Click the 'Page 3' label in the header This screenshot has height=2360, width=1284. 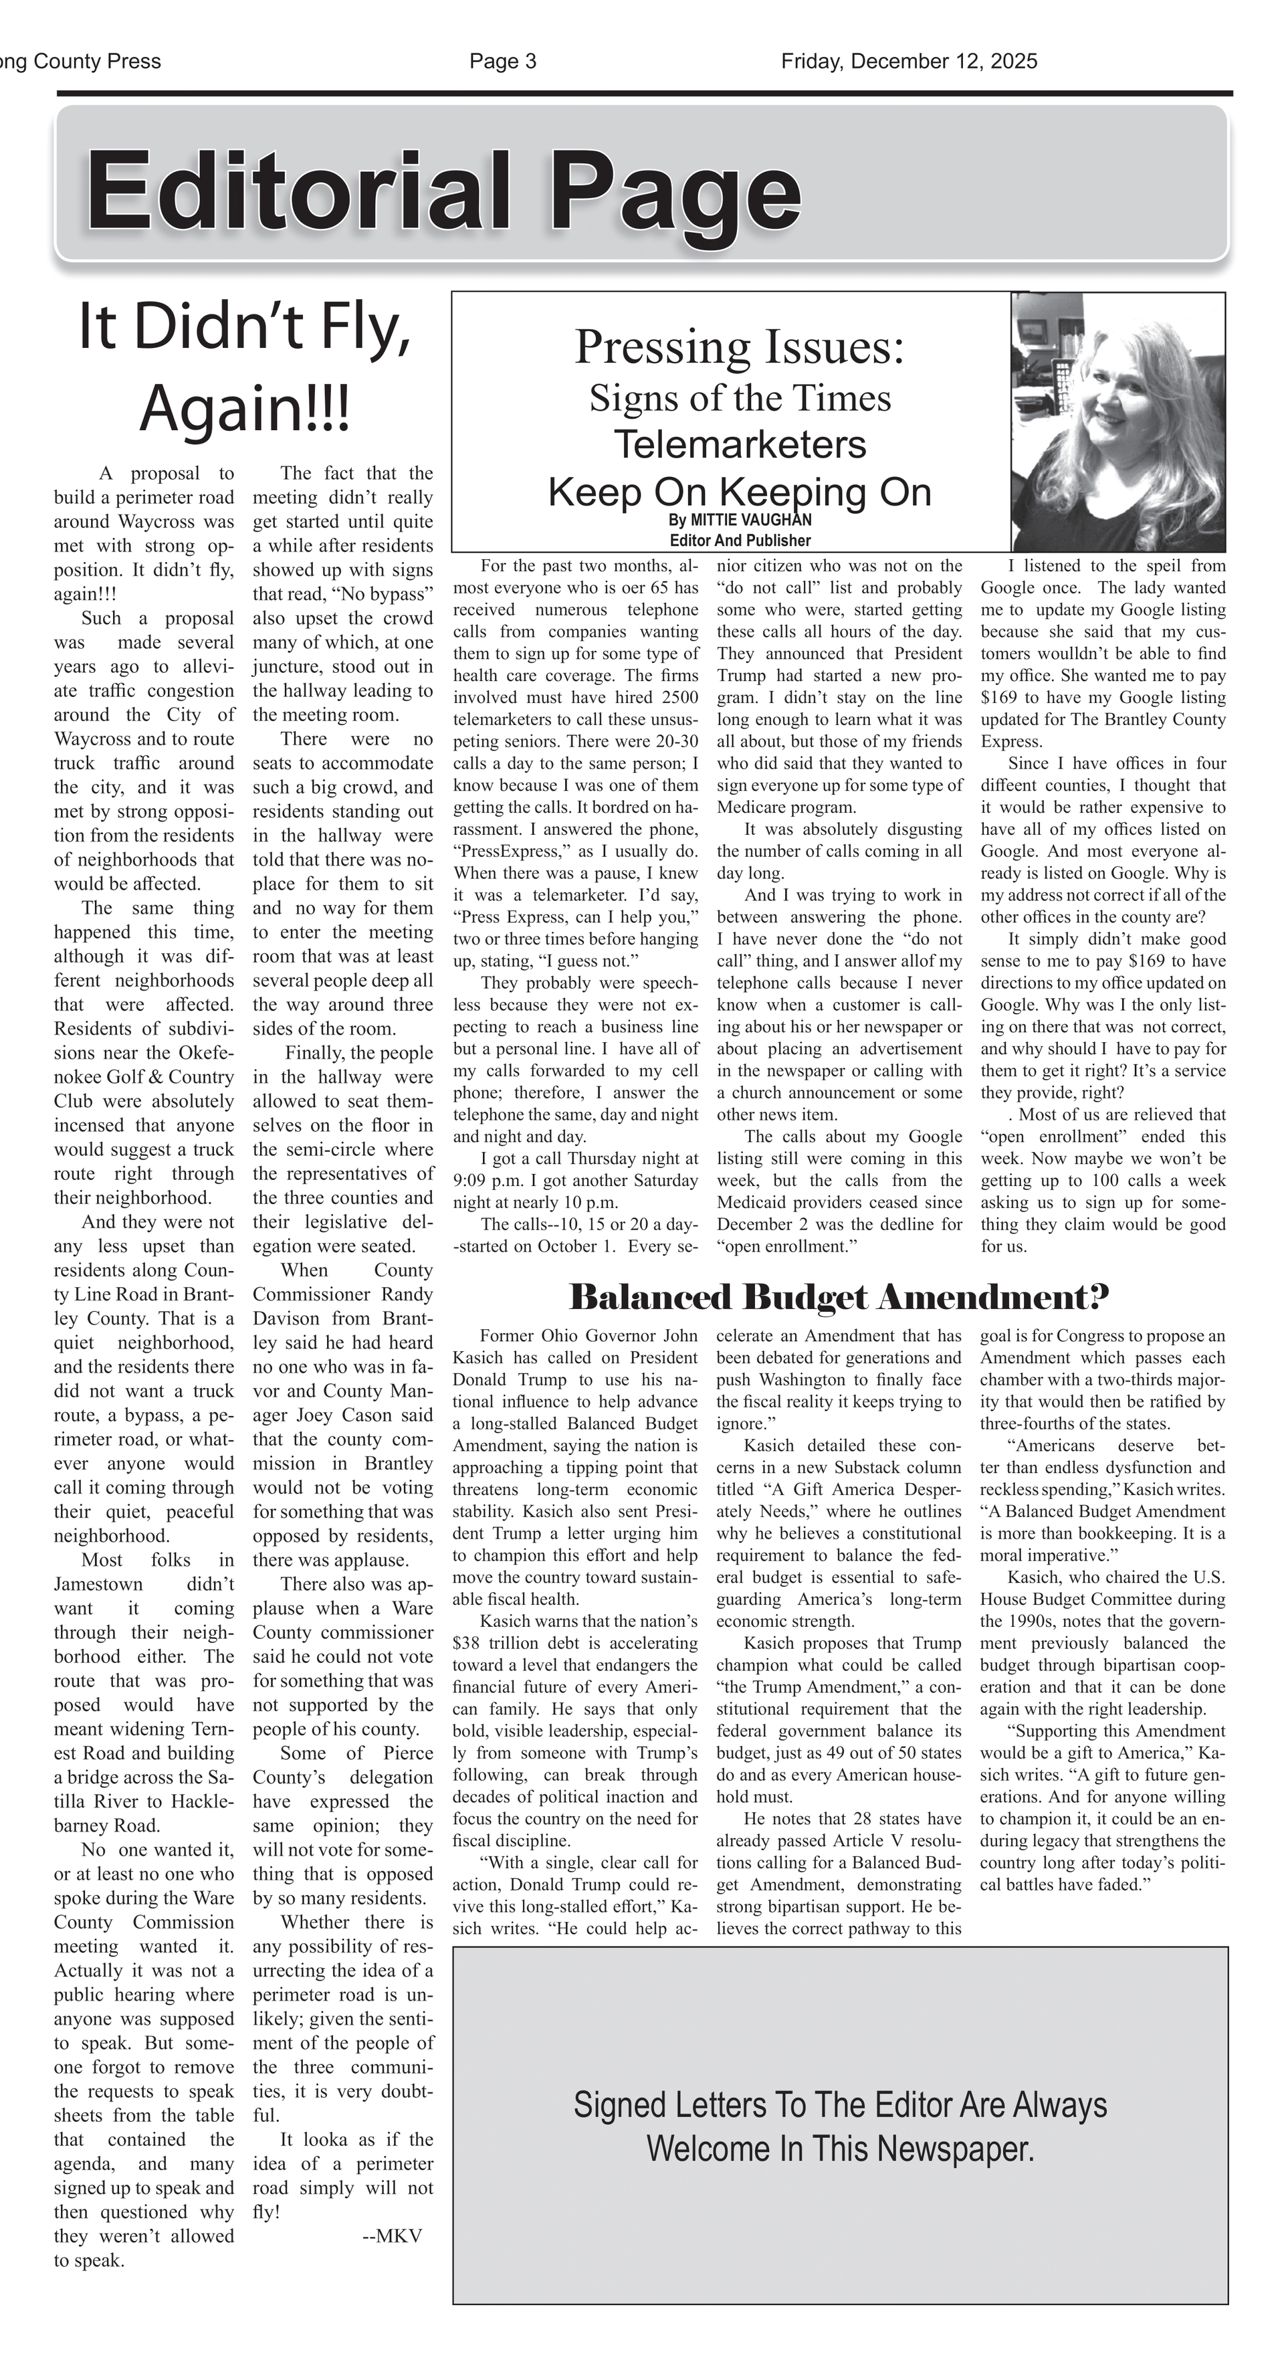click(503, 62)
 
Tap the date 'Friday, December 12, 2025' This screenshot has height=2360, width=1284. click(909, 62)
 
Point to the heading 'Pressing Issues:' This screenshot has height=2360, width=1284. click(739, 347)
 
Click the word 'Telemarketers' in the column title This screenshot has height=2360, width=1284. click(739, 444)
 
